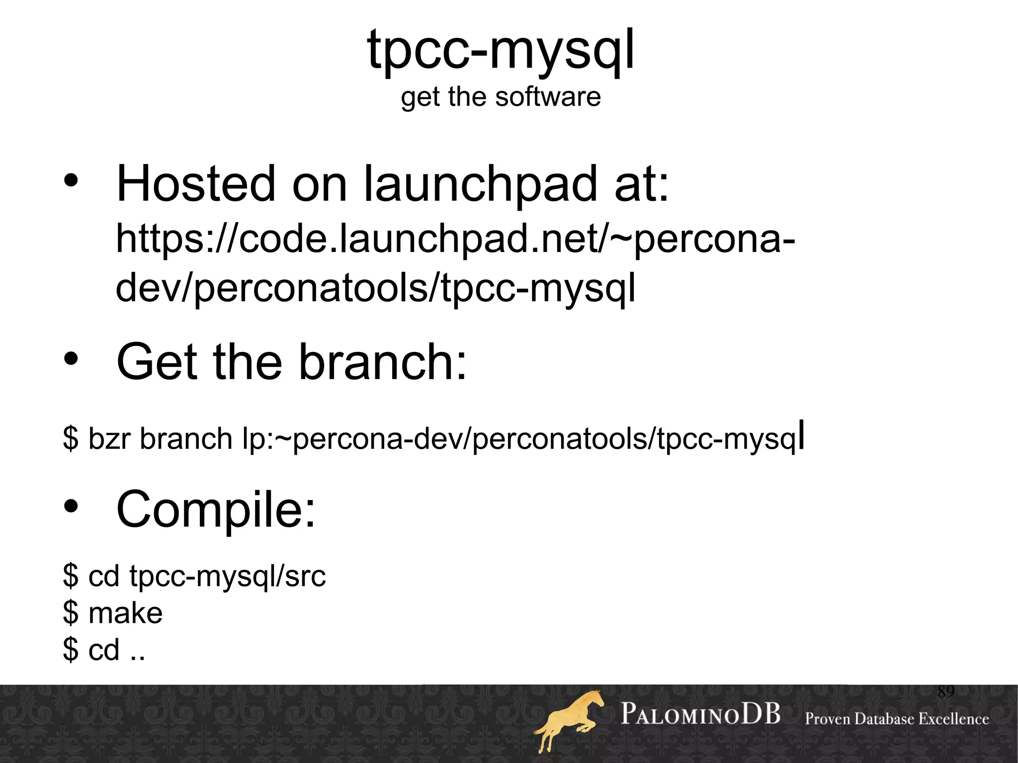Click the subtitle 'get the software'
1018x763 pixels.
tap(501, 96)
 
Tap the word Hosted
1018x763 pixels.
tap(196, 184)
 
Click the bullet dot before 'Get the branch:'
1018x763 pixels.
tap(71, 359)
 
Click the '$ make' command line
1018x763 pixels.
tap(113, 613)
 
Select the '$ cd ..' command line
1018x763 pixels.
tap(104, 650)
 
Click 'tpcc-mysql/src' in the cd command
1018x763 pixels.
tap(227, 577)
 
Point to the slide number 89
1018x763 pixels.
tap(945, 691)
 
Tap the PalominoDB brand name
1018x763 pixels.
tap(700, 714)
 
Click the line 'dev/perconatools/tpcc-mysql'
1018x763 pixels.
tap(375, 288)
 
